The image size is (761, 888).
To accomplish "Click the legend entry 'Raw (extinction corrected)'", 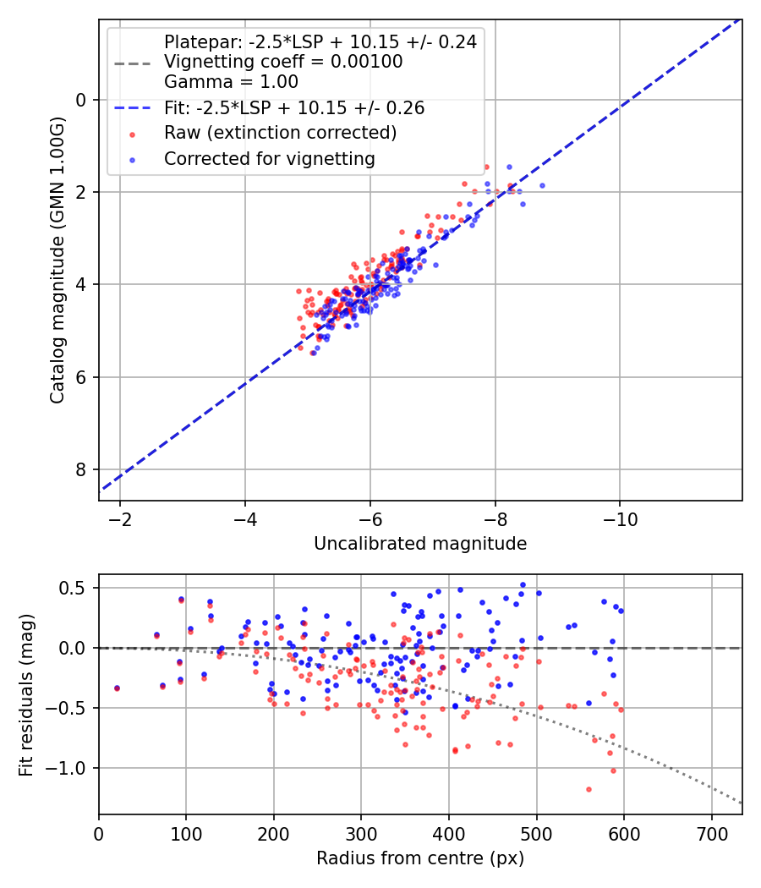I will pos(280,133).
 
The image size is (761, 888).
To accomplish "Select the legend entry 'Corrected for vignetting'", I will pos(269,158).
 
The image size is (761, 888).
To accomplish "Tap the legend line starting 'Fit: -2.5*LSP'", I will pos(294,108).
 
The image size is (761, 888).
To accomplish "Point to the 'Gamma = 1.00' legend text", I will pos(231,82).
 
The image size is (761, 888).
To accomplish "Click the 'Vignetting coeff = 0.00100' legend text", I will pos(283,62).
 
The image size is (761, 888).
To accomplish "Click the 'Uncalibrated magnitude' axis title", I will pos(420,544).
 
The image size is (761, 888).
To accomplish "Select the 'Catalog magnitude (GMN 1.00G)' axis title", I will pos(57,260).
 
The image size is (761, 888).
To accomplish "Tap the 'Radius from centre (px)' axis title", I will pos(420,858).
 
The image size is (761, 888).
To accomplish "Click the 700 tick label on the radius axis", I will pos(711,833).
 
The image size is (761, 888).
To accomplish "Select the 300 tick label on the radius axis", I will pos(361,833).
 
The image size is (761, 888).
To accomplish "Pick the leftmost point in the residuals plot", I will pos(117,688).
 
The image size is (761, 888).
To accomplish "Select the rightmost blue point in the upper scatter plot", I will pos(542,185).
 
